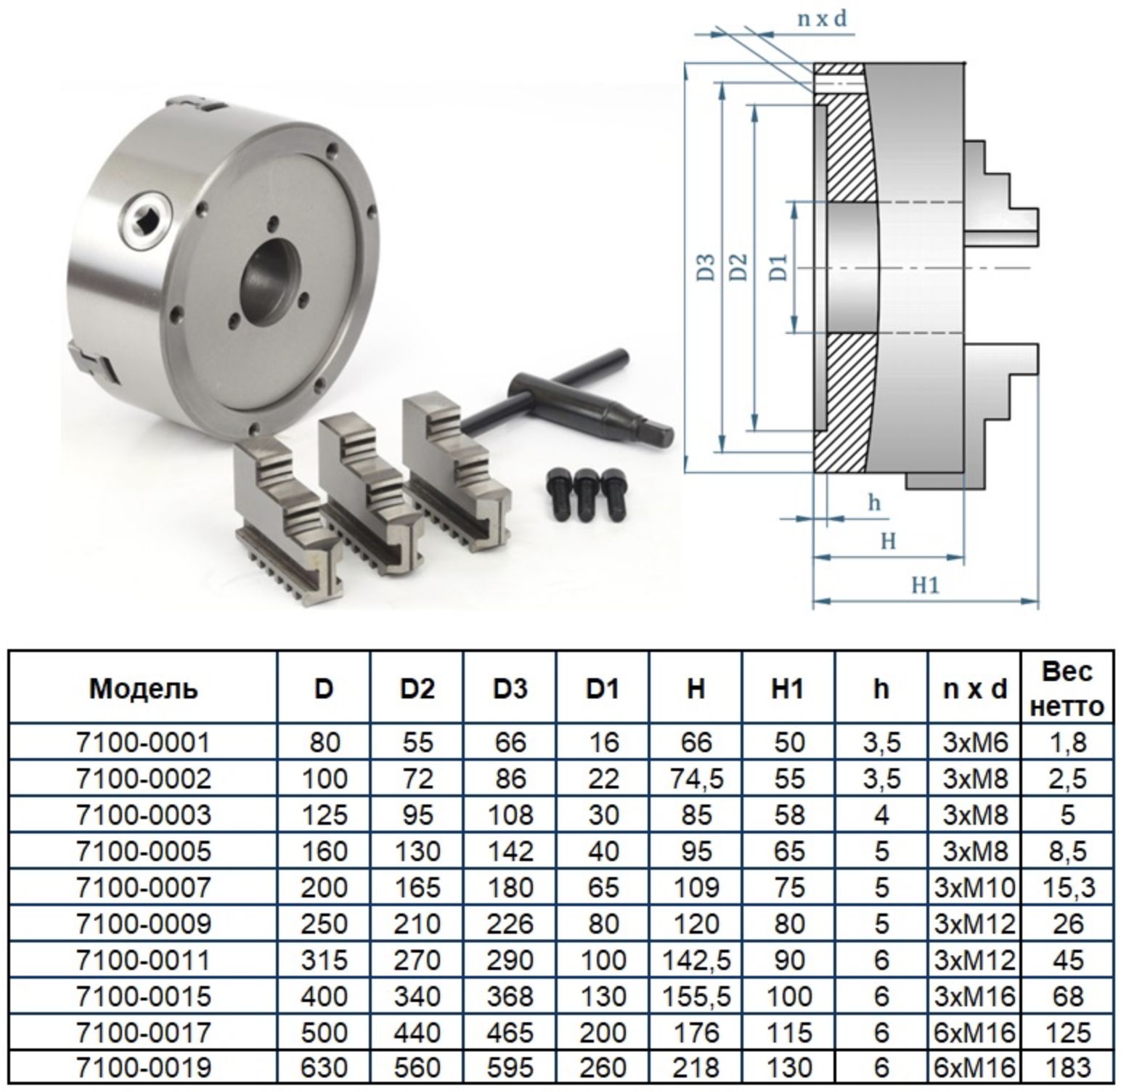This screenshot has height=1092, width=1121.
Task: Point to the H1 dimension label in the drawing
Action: coord(926,584)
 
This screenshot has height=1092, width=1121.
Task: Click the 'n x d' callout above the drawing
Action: coord(822,19)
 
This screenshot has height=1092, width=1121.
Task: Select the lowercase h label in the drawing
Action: coord(875,502)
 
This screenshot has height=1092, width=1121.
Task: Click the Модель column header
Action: coord(143,688)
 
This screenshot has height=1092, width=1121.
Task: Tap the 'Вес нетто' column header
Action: coord(1067,688)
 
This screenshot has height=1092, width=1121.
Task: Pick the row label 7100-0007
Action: coord(143,887)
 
